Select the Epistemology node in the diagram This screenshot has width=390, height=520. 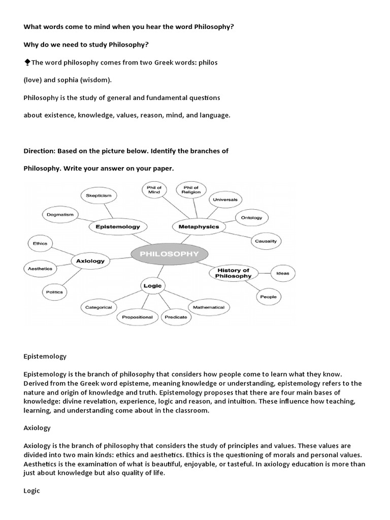pyautogui.click(x=117, y=227)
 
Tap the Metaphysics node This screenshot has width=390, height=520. pyautogui.click(x=199, y=227)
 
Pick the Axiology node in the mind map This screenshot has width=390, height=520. pyautogui.click(x=90, y=261)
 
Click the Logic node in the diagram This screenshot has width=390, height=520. pyautogui.click(x=152, y=286)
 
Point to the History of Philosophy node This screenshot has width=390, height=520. pyautogui.click(x=233, y=273)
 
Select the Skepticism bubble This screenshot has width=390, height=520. pyautogui.click(x=99, y=195)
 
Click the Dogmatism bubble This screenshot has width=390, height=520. pyautogui.click(x=60, y=215)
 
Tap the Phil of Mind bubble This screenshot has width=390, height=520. pyautogui.click(x=154, y=189)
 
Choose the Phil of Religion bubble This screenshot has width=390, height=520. pyautogui.click(x=191, y=189)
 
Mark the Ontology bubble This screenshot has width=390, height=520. pyautogui.click(x=251, y=217)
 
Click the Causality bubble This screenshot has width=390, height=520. pyautogui.click(x=266, y=241)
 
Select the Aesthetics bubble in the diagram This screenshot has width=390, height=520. pyautogui.click(x=40, y=268)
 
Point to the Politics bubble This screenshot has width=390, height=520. pyautogui.click(x=54, y=292)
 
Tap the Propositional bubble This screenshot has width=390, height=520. pyautogui.click(x=137, y=317)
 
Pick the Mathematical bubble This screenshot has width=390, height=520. pyautogui.click(x=208, y=307)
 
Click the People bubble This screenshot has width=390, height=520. pyautogui.click(x=268, y=297)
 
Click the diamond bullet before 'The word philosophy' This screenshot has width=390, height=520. pyautogui.click(x=27, y=62)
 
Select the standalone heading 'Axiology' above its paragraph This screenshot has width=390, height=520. pyautogui.click(x=37, y=428)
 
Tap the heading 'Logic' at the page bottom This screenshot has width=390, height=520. pyautogui.click(x=31, y=491)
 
